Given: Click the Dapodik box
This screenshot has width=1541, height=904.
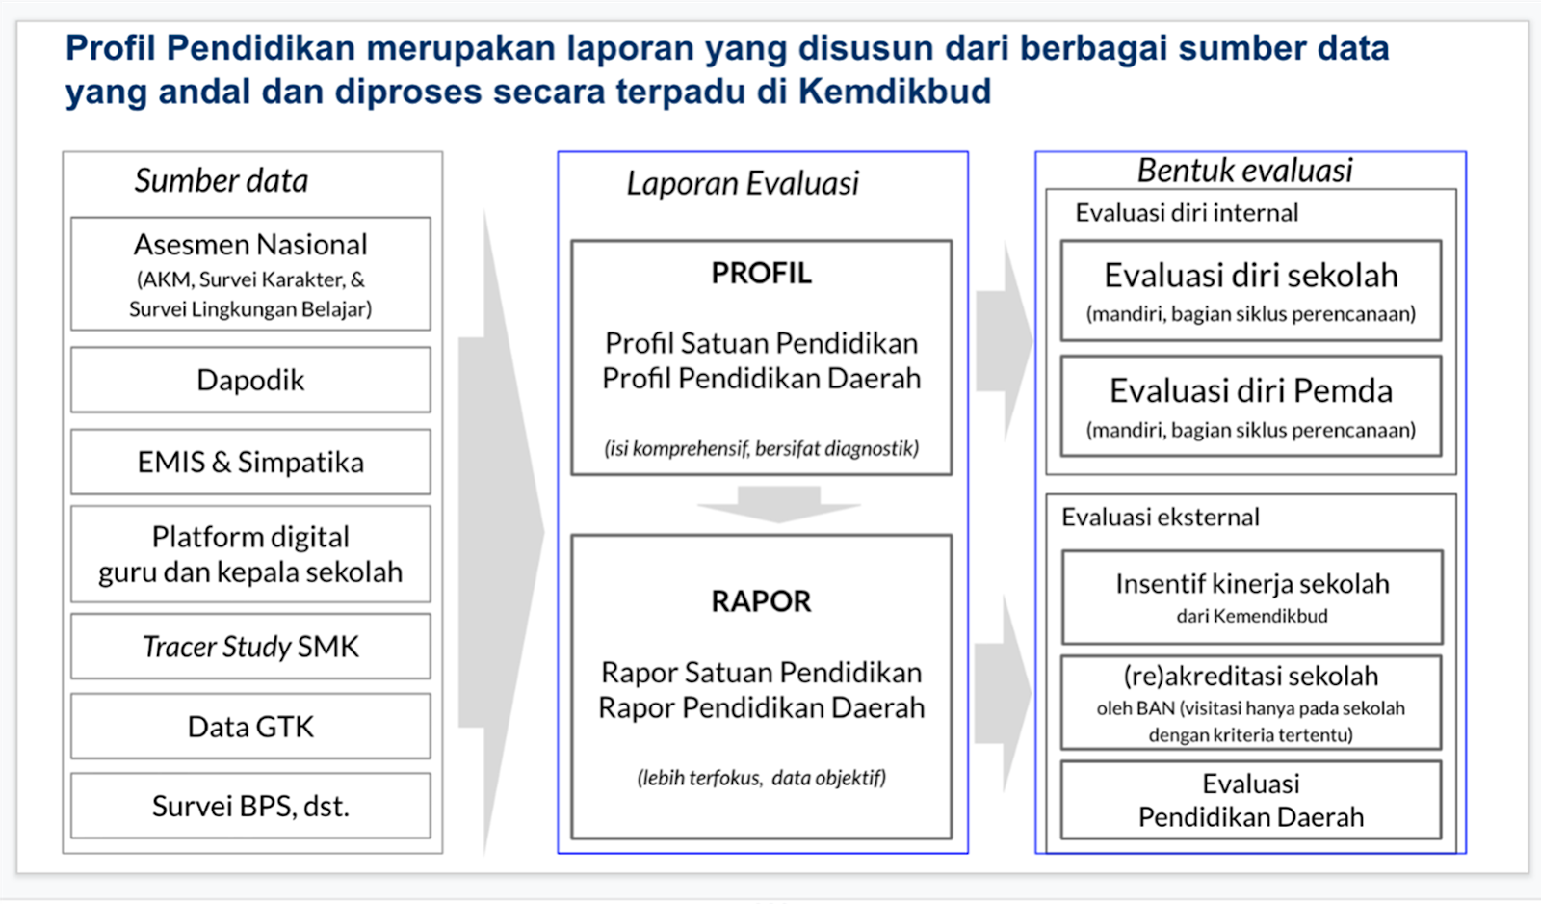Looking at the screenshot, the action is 250,380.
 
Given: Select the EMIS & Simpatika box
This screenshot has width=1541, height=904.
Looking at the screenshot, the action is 250,462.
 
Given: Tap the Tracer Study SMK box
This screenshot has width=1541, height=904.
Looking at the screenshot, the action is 250,646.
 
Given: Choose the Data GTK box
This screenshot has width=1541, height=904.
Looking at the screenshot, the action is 250,726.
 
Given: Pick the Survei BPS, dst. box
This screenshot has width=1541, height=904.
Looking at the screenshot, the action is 250,805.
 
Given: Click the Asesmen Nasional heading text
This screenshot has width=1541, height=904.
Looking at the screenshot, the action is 250,245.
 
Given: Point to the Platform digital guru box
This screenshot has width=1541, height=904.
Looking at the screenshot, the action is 250,554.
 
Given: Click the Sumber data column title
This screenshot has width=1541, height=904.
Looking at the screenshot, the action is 222,180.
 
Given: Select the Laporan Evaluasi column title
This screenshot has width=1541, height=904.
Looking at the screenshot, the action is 743,183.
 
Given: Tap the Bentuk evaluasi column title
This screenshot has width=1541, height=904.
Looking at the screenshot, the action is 1244,171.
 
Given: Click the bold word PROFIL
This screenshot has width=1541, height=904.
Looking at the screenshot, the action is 761,274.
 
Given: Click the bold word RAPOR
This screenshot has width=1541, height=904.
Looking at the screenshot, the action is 761,601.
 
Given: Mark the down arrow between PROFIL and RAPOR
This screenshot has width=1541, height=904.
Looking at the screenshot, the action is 778,504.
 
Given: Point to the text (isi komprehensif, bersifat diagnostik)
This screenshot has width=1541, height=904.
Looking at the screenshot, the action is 761,448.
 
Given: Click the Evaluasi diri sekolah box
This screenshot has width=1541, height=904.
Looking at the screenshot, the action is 1250,290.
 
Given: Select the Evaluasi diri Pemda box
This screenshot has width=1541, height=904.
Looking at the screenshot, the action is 1250,406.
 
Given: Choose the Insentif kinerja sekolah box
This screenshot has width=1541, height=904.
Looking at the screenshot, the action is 1251,597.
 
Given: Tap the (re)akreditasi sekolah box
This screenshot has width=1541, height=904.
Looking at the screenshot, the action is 1250,703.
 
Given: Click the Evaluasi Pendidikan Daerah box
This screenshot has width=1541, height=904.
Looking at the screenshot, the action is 1250,800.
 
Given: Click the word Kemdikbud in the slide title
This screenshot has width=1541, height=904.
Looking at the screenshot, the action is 895,92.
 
